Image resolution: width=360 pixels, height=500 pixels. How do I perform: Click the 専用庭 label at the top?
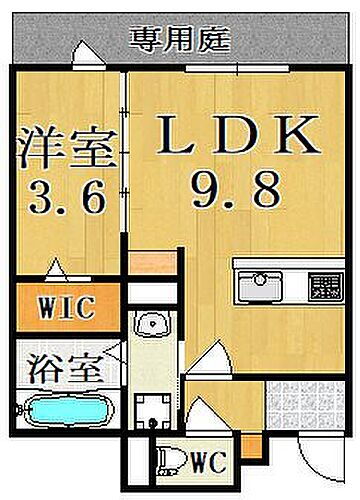click(x=181, y=41)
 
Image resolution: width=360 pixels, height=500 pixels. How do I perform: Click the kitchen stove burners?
click(x=323, y=285)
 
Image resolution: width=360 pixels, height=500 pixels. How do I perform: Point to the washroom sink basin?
click(x=155, y=326)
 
